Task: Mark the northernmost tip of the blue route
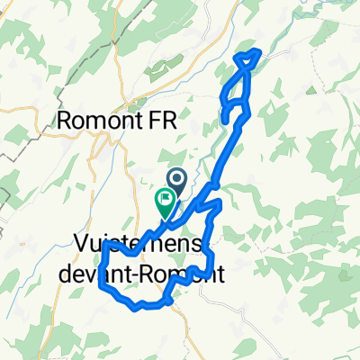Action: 260,51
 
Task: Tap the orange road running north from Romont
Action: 115,54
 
